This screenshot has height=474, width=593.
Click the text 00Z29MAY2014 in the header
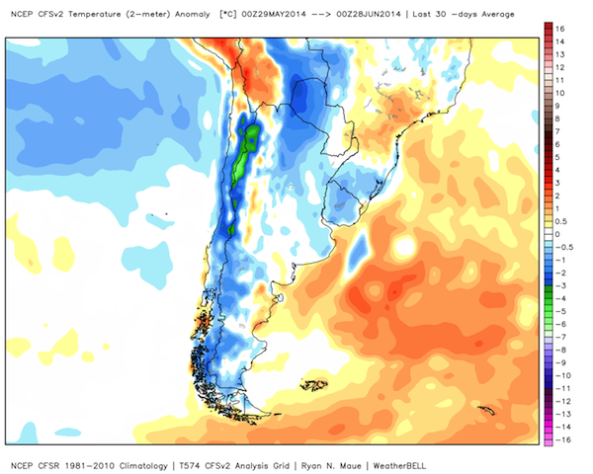pyautogui.click(x=274, y=15)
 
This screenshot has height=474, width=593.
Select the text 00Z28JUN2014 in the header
pyautogui.click(x=369, y=15)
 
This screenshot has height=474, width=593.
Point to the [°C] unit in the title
pyautogui.click(x=227, y=15)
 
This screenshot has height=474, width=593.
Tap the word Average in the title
pyautogui.click(x=498, y=15)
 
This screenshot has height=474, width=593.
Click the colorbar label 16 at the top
pyautogui.click(x=559, y=29)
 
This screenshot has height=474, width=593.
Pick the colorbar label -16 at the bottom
pyautogui.click(x=562, y=439)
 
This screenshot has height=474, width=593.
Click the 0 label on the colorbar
pyautogui.click(x=557, y=234)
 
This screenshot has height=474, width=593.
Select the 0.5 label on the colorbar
pyautogui.click(x=560, y=221)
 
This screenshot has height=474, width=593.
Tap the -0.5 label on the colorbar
pyautogui.click(x=563, y=247)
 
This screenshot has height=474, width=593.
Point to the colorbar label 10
pyautogui.click(x=559, y=93)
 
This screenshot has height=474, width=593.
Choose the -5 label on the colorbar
pyautogui.click(x=560, y=311)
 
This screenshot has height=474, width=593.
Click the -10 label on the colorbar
pyautogui.click(x=562, y=375)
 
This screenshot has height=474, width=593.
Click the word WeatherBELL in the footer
pyautogui.click(x=399, y=466)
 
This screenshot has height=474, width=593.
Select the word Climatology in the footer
pyautogui.click(x=143, y=466)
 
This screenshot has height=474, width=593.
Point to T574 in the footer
pyautogui.click(x=189, y=466)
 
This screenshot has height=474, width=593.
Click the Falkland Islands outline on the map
pyautogui.click(x=314, y=385)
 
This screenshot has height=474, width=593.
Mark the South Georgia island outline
pyautogui.click(x=486, y=410)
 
